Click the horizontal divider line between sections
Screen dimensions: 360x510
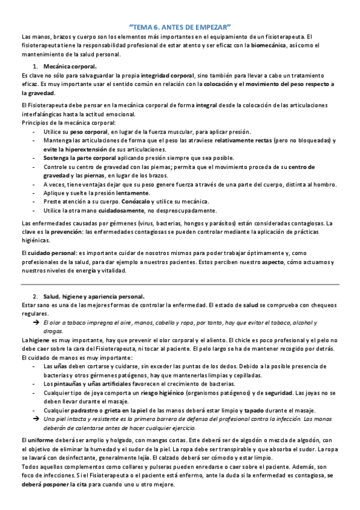[x=180, y=284]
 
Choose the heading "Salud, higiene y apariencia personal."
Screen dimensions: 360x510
[x=94, y=297]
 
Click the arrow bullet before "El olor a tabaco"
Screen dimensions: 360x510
[x=35, y=323]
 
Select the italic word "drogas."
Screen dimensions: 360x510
[x=53, y=331]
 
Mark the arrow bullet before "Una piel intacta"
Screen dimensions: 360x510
[x=35, y=419]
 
